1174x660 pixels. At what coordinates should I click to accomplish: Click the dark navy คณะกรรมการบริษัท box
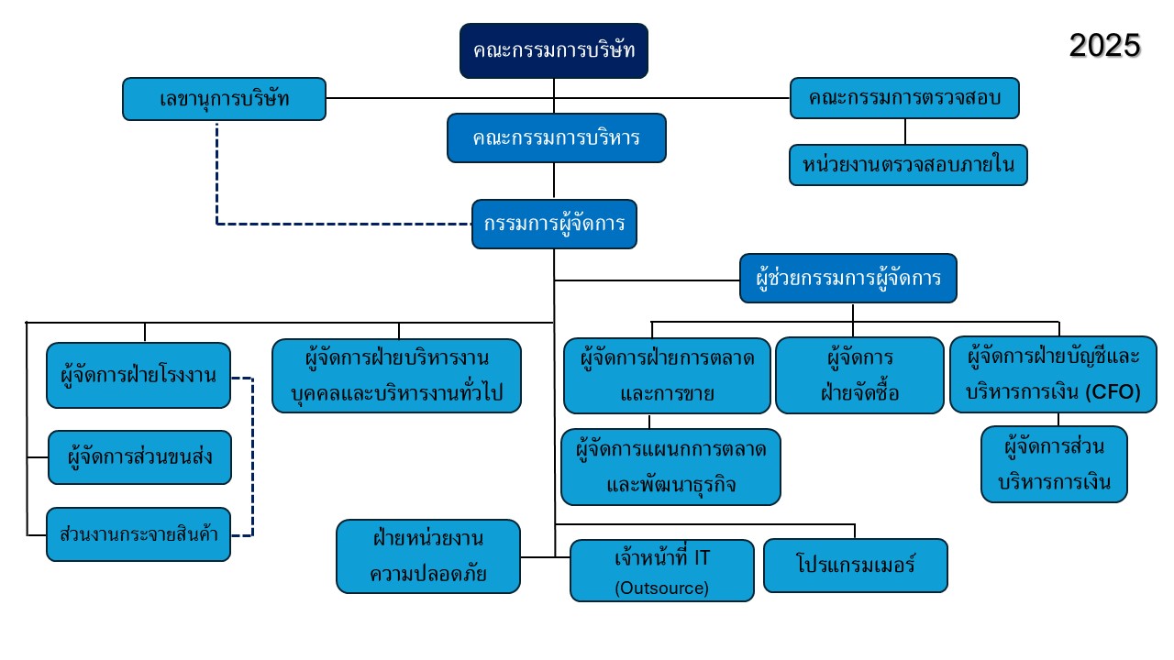point(554,50)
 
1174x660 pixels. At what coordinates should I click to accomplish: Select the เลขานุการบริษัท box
point(224,99)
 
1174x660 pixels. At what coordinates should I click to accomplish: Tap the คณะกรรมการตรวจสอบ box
point(904,98)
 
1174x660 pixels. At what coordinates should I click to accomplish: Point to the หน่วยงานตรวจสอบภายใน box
point(908,165)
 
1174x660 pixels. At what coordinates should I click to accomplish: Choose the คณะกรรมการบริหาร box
point(556,137)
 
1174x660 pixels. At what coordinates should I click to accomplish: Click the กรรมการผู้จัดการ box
point(554,225)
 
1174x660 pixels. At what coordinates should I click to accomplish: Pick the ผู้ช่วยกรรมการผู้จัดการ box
point(848,278)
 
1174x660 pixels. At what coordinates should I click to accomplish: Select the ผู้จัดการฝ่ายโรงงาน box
point(138,375)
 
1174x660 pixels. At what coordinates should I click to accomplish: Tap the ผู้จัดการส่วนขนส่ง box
point(139,457)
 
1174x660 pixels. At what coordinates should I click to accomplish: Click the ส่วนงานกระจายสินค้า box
point(138,533)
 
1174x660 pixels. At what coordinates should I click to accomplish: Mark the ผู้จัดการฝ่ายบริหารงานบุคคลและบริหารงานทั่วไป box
point(396,376)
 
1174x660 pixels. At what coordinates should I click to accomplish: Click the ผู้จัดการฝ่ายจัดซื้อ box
point(859,376)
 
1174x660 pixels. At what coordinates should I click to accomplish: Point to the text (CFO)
point(1113,392)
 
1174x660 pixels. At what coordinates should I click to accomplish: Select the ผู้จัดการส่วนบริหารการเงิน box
point(1054,465)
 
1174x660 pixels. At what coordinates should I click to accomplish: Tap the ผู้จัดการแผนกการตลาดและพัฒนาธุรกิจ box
point(670,467)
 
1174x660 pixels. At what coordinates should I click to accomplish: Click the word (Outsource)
point(661,588)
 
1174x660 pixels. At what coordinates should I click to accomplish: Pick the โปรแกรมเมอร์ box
point(855,565)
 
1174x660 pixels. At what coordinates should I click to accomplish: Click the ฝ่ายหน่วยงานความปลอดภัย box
point(428,555)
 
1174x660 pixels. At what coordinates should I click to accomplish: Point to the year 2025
point(1104,45)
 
